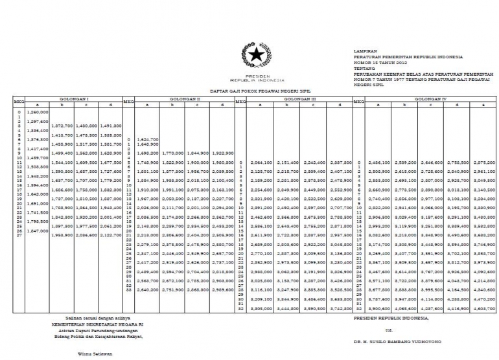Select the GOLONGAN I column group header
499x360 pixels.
coord(75,99)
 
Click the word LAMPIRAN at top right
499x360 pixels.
coord(365,50)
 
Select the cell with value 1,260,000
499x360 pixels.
coord(38,112)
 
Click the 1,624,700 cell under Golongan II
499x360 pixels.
coord(148,139)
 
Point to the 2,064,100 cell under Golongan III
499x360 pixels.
coord(260,162)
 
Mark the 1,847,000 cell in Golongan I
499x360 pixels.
coord(38,230)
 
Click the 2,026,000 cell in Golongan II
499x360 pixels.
coord(148,207)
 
